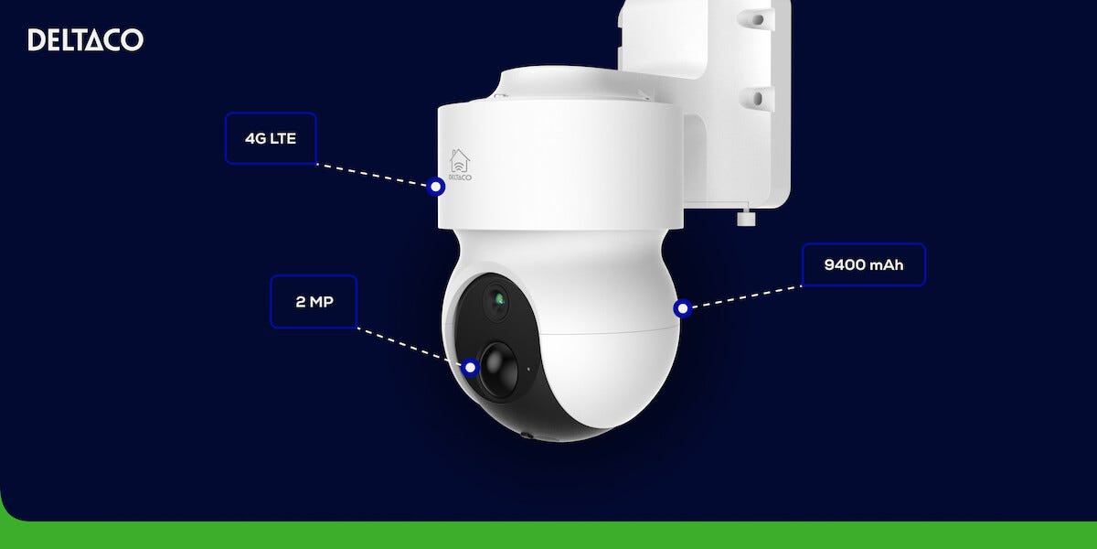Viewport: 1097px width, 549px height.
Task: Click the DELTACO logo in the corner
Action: (x=86, y=39)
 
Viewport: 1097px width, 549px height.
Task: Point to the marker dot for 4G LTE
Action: (x=435, y=187)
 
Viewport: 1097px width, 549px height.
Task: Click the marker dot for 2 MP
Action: (x=470, y=367)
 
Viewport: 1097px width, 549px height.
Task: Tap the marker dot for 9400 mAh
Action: (x=682, y=308)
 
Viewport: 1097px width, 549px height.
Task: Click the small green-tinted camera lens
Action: (x=497, y=299)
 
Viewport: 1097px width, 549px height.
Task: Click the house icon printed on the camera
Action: (x=459, y=161)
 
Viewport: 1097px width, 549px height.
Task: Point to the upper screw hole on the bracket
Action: (x=757, y=19)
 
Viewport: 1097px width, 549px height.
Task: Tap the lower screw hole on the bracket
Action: (x=757, y=99)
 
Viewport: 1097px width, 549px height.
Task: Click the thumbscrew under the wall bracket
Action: (x=746, y=216)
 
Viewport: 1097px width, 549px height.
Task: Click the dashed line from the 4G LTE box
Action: (x=372, y=175)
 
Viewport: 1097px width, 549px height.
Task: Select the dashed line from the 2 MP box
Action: (x=410, y=347)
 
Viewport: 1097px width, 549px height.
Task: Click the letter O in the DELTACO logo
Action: (x=133, y=39)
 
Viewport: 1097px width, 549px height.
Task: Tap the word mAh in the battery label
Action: (x=887, y=264)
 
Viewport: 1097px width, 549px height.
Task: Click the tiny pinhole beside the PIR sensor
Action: (x=528, y=369)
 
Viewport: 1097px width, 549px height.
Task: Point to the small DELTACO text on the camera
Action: (x=460, y=177)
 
